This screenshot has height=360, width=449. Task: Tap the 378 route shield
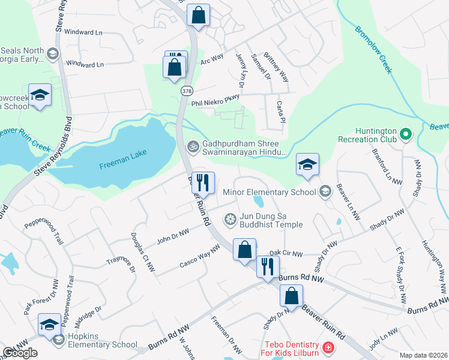(187, 90)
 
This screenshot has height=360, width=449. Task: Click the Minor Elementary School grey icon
(325, 191)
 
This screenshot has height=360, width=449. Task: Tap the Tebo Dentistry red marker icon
(328, 347)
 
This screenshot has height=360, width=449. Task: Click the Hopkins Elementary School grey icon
(58, 340)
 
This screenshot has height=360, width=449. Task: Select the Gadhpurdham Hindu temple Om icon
(193, 145)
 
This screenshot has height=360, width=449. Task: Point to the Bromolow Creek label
(374, 49)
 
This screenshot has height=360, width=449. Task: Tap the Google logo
(20, 353)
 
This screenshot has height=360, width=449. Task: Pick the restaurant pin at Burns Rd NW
(268, 266)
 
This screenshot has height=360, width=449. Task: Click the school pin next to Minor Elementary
(307, 164)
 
